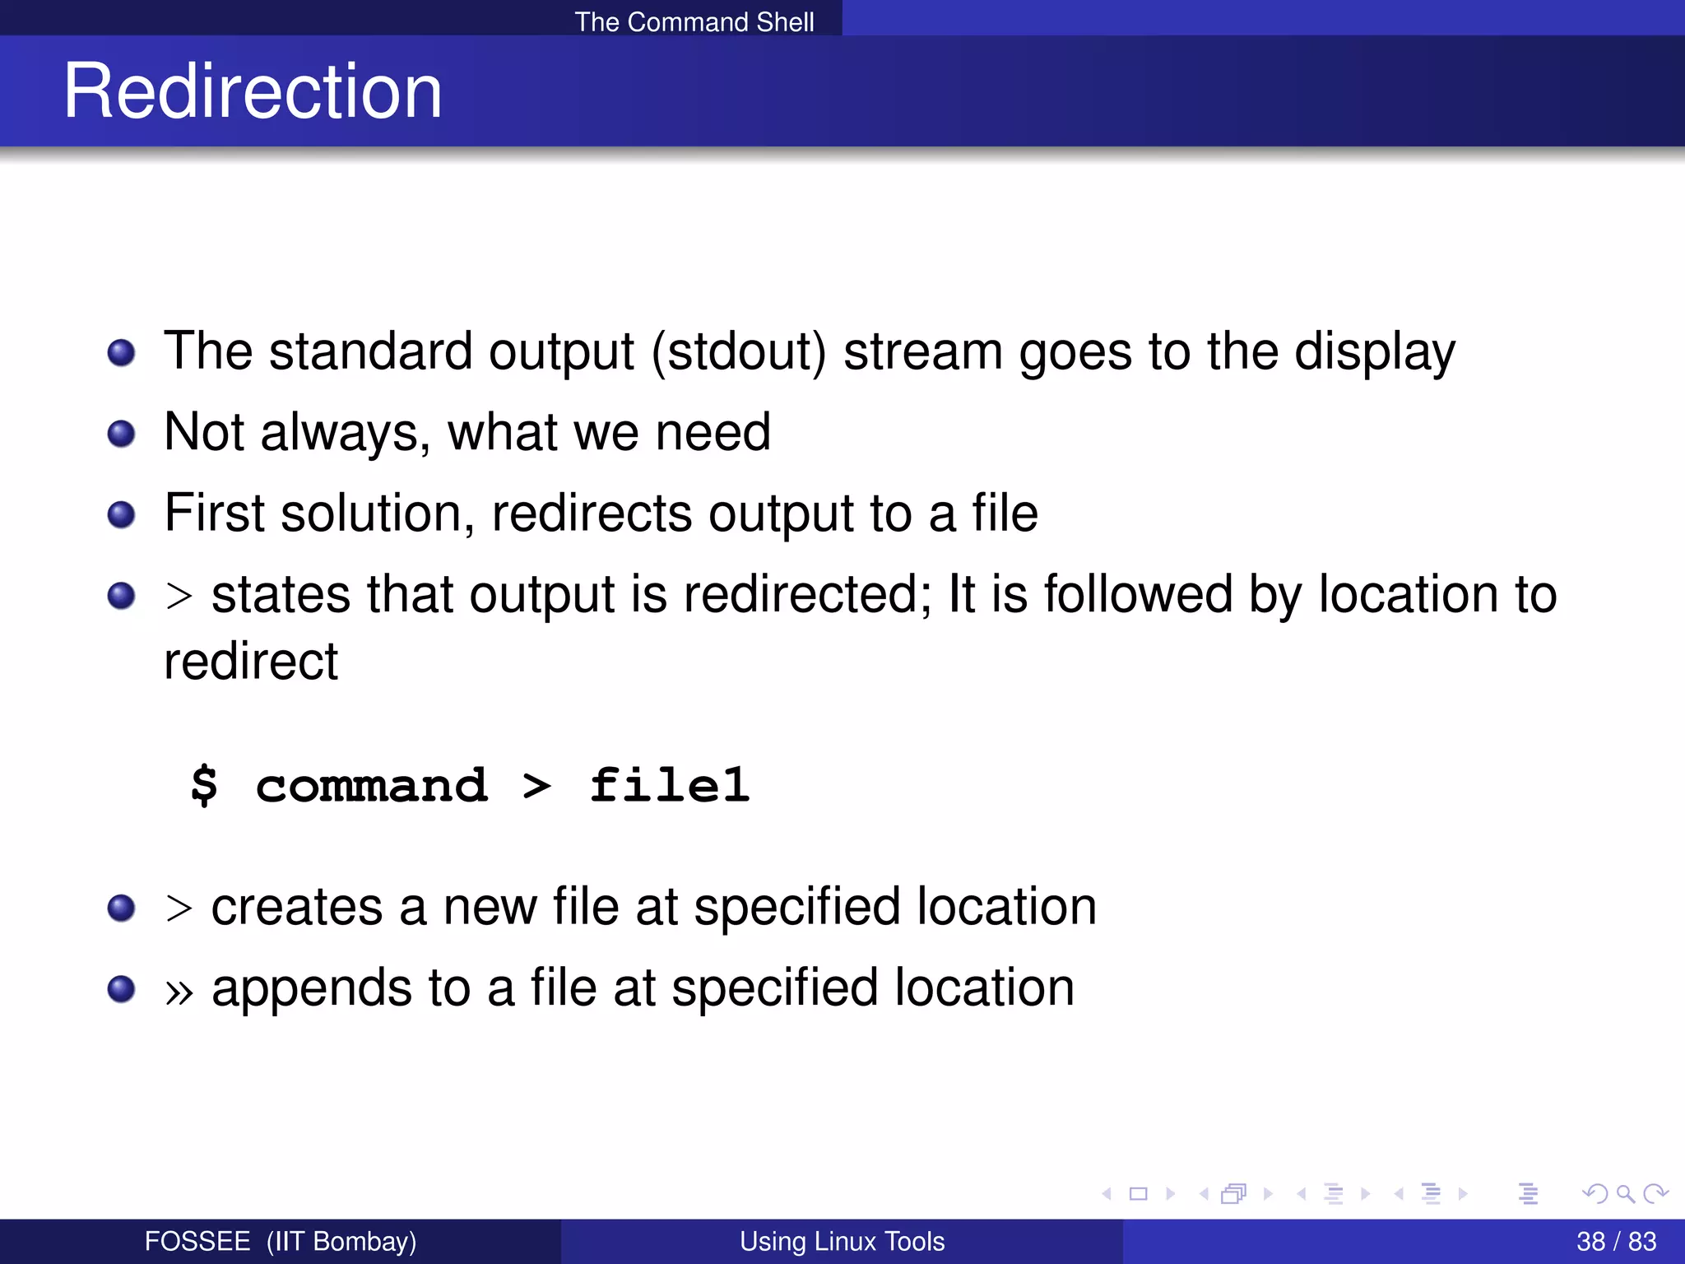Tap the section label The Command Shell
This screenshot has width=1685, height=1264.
tap(694, 21)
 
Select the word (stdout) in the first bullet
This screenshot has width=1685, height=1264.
tap(738, 352)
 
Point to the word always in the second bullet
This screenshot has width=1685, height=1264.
tap(345, 433)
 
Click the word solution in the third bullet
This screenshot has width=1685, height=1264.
tap(377, 513)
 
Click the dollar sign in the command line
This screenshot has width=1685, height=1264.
tap(204, 785)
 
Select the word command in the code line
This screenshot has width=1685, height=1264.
tap(371, 786)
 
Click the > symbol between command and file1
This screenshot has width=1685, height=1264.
tap(536, 787)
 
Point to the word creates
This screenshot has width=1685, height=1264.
tap(297, 907)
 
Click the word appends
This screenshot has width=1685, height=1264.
tap(312, 988)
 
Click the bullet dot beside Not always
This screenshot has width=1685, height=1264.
tap(121, 433)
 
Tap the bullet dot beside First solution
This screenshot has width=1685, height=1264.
tap(121, 514)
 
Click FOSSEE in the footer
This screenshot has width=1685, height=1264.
tap(197, 1241)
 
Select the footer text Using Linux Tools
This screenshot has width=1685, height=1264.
tap(842, 1241)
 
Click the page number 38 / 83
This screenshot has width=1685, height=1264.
tap(1616, 1241)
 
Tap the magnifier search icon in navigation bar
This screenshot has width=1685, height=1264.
tap(1625, 1193)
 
